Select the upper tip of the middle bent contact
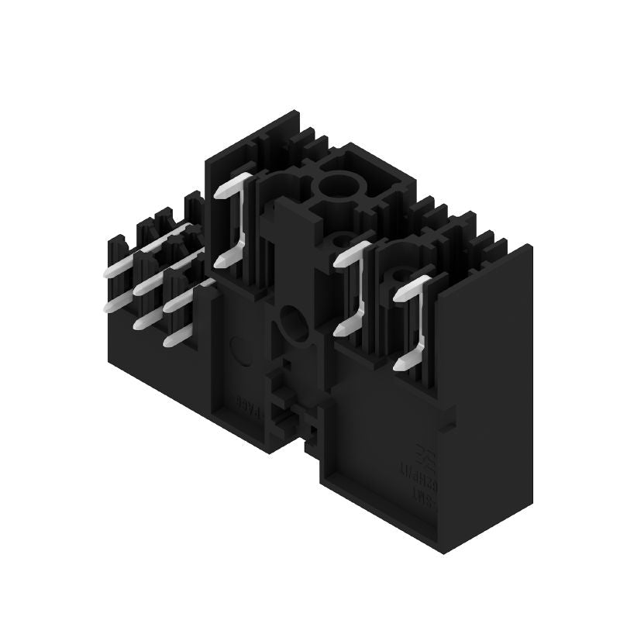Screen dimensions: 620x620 [x=342, y=260]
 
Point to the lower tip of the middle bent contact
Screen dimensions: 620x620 [x=342, y=329]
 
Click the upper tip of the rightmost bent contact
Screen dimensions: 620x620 [x=401, y=294]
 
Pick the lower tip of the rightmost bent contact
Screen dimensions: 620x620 [x=401, y=362]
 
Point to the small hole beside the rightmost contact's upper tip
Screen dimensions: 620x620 [x=400, y=274]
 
